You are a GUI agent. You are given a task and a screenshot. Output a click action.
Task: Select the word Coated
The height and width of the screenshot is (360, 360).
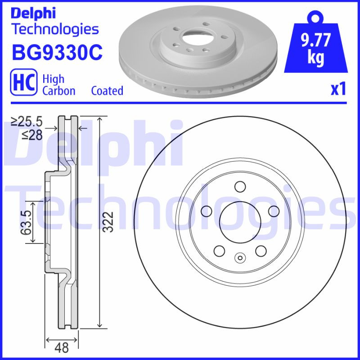[107, 90]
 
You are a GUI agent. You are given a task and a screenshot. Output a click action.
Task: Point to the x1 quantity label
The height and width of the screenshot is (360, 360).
[338, 90]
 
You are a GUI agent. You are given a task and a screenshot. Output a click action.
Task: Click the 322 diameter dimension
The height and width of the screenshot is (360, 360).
[107, 222]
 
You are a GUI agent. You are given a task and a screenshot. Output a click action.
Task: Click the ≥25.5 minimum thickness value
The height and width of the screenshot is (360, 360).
[27, 121]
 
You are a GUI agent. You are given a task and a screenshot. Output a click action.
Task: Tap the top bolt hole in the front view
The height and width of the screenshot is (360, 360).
[239, 186]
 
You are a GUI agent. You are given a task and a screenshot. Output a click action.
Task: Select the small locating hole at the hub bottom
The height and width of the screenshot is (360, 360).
[239, 258]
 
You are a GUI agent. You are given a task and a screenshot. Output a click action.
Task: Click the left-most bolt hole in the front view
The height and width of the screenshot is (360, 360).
[207, 211]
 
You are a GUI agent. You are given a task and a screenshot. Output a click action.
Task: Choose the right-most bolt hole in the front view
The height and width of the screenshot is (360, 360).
[273, 211]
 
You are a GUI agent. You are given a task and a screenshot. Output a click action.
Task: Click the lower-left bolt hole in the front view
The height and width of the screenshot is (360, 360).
[219, 250]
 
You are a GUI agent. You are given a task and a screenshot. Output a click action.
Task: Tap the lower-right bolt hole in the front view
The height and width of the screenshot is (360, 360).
[260, 250]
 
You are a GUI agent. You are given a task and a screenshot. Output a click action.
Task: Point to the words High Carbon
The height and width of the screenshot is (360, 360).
[58, 85]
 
